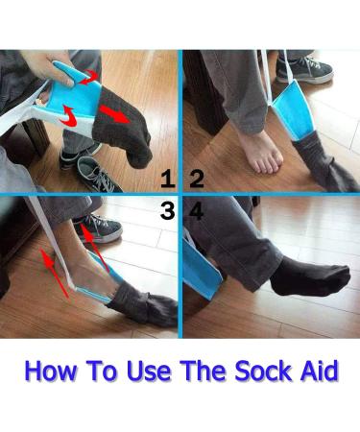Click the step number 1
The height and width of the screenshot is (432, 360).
[x=168, y=179]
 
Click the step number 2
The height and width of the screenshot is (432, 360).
[x=197, y=179]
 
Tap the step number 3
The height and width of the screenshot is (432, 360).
[x=167, y=211]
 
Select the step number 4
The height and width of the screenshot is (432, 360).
[x=196, y=211]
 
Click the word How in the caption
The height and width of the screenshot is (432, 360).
[x=51, y=371]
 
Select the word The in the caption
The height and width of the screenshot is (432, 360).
[x=204, y=371]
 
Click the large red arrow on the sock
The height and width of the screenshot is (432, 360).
[x=115, y=113]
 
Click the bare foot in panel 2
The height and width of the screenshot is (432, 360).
[x=260, y=153]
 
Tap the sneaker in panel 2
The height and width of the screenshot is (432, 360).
[x=304, y=70]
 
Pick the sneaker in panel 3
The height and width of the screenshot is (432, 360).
[x=99, y=228]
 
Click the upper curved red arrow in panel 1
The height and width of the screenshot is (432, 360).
[x=88, y=78]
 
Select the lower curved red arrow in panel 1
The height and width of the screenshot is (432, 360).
[x=70, y=116]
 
